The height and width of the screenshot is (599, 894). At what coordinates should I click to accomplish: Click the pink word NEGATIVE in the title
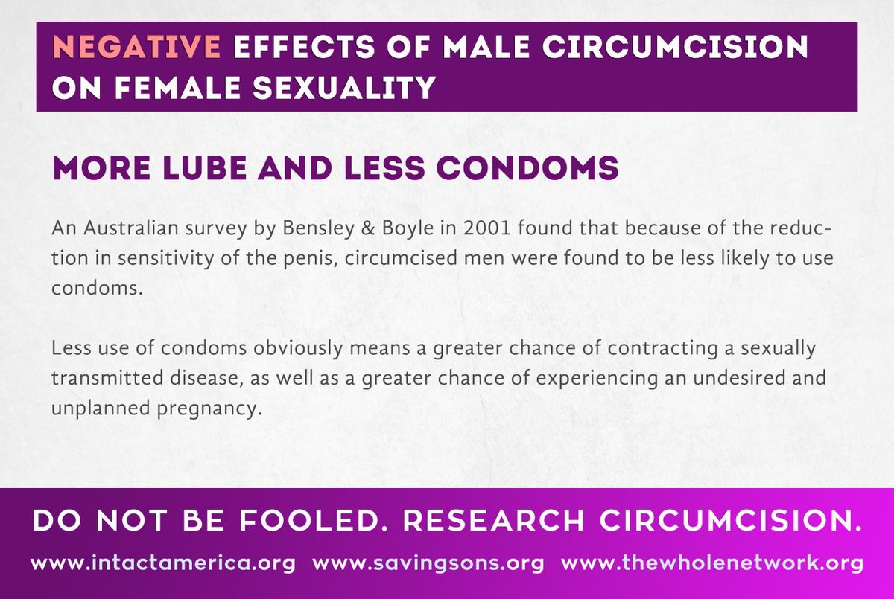136,47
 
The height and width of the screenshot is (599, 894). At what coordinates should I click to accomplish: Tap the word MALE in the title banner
486,47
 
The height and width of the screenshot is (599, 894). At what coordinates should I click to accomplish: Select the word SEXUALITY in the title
344,87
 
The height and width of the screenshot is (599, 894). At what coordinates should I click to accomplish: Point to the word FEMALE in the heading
178,87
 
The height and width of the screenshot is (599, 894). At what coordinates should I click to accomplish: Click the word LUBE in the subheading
205,167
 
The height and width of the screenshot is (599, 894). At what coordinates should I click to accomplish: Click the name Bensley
318,228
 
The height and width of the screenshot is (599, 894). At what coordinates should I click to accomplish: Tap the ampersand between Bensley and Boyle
368,228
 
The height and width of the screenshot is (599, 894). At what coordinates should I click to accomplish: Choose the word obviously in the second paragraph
298,349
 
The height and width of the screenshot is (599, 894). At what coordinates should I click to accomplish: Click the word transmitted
107,378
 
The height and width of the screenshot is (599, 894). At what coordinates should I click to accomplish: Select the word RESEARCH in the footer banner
493,520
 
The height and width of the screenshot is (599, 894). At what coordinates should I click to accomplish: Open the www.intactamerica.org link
163,563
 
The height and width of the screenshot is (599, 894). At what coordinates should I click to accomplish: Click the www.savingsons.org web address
428,564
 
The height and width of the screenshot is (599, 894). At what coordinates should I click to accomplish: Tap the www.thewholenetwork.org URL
712,563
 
